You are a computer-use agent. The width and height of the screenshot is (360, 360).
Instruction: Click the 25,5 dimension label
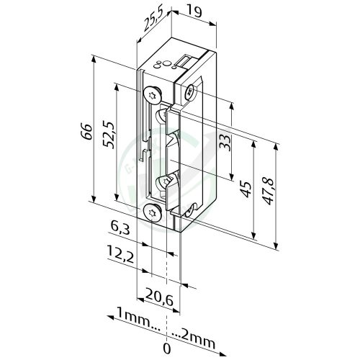tap(153, 19)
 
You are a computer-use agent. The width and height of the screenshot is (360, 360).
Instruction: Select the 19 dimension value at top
tap(194, 12)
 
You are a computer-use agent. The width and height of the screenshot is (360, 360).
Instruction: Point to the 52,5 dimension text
tap(109, 134)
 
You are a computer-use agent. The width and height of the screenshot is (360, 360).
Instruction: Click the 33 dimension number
tap(225, 143)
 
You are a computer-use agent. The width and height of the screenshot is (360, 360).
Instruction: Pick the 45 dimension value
tap(246, 189)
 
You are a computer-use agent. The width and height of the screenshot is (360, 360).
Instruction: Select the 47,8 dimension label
tap(267, 192)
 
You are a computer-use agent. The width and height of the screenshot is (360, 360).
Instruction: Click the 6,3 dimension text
tap(120, 228)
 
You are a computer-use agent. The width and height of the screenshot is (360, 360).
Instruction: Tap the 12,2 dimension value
tap(120, 253)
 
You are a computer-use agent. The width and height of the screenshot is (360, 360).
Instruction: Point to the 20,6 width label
tap(159, 297)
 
